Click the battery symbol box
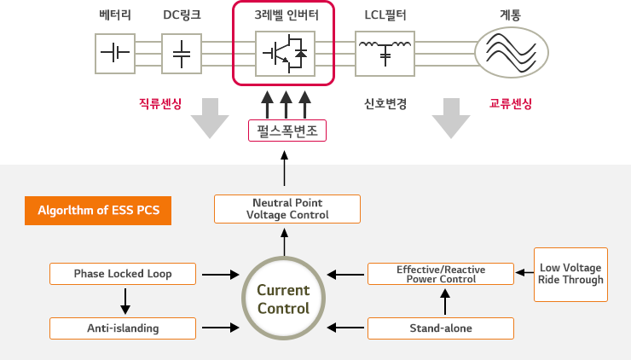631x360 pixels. click(115, 53)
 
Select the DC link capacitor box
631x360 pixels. click(182, 53)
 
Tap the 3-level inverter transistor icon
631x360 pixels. click(285, 53)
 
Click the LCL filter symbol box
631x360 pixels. click(385, 53)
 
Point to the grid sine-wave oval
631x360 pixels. click(512, 53)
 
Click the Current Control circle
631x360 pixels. click(284, 299)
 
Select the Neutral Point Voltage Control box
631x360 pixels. click(287, 209)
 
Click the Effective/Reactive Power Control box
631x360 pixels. click(440, 274)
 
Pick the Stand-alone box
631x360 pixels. click(440, 328)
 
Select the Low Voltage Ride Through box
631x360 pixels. click(571, 274)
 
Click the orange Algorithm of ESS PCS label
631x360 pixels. click(99, 210)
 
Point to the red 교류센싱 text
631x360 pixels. click(511, 104)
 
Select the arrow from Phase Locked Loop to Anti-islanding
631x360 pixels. click(124, 300)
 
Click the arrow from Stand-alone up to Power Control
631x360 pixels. click(443, 301)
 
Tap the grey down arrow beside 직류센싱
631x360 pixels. click(210, 117)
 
